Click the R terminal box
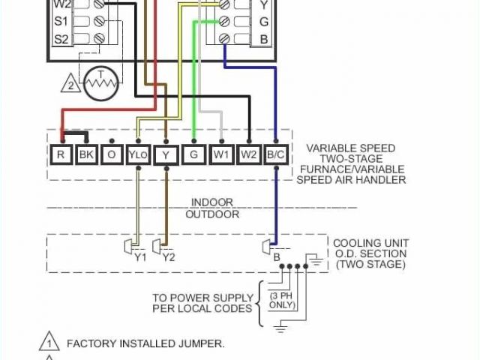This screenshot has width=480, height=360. tap(60, 155)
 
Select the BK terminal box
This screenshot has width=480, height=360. tap(86, 155)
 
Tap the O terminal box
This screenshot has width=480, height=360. tap(112, 155)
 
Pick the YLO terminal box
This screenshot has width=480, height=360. tap(138, 155)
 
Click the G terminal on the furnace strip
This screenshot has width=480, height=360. tap(194, 155)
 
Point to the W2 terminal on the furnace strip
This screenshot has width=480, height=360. tap(249, 155)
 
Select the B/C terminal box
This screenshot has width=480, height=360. tap(275, 155)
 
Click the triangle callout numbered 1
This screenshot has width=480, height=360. tap(49, 343)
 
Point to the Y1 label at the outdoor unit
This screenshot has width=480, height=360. tap(139, 256)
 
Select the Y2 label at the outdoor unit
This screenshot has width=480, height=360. tap(168, 256)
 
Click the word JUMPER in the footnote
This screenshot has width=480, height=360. tap(199, 343)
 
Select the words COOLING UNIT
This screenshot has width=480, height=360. tap(370, 243)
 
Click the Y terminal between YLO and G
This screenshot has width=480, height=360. tap(166, 155)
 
